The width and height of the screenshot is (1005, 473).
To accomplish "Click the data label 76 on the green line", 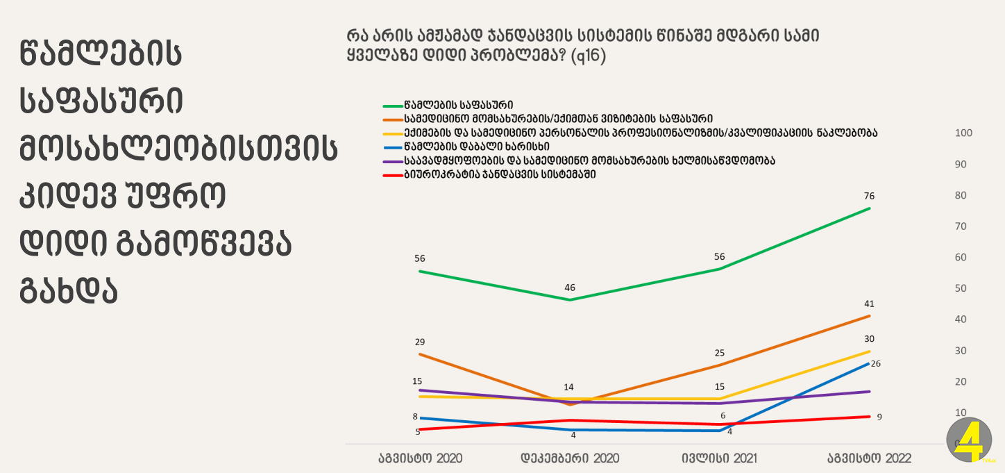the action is coord(869,196).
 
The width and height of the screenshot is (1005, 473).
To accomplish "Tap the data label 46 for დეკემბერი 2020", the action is coord(570,288).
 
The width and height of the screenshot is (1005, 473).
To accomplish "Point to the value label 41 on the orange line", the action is coord(869,304).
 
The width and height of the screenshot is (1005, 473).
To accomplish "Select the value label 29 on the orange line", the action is coord(419,342).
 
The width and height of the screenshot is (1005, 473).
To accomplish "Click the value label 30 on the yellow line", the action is coord(869,339).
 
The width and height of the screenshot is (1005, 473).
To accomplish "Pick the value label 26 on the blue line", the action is coord(875,364).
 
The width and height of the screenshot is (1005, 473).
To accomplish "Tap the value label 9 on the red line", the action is coord(879,417).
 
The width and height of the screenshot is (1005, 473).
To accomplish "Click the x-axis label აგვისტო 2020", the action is coord(421,458).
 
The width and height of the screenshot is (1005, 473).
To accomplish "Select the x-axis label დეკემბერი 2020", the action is coord(570,458).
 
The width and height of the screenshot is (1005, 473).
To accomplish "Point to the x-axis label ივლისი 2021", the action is coord(720,458).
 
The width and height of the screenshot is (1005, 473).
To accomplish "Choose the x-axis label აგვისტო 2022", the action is coord(869,458).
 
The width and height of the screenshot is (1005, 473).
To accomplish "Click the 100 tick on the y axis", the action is coord(963,133).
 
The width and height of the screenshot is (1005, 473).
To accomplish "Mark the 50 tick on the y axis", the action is coord(961,288).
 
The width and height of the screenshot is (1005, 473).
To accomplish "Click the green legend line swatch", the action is coord(393,106).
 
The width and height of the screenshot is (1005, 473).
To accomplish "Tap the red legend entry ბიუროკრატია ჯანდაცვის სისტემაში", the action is coord(500,174).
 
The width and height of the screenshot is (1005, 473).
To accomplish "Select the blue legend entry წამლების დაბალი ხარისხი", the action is coord(477,147).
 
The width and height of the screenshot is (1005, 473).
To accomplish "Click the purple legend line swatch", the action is coord(393,162).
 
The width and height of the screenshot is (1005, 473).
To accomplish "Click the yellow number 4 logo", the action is coord(970,440).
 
